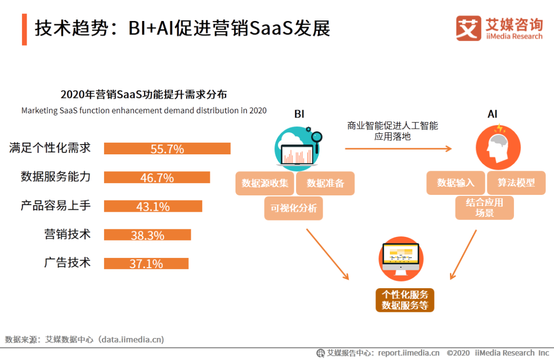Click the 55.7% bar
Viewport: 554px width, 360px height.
coord(167,148)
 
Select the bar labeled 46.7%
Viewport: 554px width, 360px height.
coord(157,177)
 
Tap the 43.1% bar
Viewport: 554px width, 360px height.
coord(153,206)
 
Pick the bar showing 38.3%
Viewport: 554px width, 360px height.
coord(147,234)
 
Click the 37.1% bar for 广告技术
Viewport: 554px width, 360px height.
coord(146,264)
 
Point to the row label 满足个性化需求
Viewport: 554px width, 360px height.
coord(50,148)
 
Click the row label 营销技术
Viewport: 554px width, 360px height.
coord(67,234)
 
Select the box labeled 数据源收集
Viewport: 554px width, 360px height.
coord(265,183)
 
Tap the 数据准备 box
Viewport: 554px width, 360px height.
coord(325,183)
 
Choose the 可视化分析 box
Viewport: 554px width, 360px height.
coord(293,208)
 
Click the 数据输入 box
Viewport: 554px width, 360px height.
coord(456,183)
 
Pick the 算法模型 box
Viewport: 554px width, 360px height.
coord(516,183)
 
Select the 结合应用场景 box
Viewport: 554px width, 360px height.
coord(484,208)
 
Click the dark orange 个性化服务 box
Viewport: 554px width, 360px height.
coord(405,300)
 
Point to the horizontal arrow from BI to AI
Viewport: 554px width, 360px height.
coord(399,149)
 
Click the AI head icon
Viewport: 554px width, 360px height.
coord(498,147)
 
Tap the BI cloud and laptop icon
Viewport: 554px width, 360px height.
coord(299,147)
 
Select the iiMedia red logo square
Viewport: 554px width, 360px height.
coord(468,28)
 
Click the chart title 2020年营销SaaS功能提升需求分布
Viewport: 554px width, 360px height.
coord(144,94)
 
